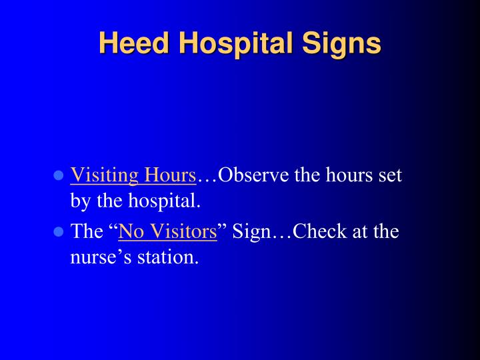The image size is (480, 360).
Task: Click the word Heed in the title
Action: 134,43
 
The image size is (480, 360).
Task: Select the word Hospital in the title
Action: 236,44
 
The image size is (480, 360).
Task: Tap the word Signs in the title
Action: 341,45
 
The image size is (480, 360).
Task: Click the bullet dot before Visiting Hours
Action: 58,175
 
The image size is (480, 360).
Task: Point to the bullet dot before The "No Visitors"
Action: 58,231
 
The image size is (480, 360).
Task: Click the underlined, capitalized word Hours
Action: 170,175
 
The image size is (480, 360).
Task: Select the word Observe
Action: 253,175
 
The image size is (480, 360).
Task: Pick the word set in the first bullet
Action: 390,175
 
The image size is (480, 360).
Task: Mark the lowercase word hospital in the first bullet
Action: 164,201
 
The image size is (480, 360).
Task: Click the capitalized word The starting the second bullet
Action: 87,231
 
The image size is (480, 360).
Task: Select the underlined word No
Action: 131,231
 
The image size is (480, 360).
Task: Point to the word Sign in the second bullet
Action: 251,232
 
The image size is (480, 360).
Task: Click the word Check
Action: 320,231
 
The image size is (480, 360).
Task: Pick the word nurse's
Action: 101,257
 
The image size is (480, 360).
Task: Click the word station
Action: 168,257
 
